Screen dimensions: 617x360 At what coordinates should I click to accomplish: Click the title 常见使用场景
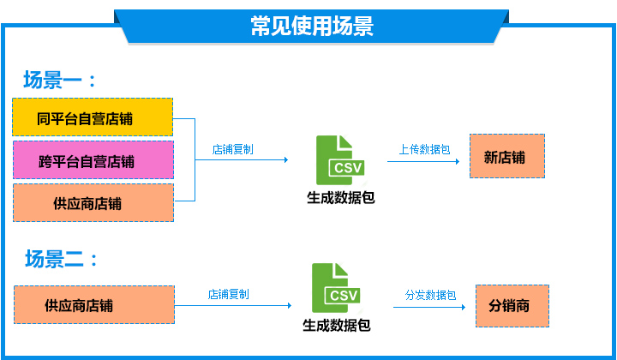point(312,26)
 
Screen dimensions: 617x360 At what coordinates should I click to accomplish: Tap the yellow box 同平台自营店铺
point(93,117)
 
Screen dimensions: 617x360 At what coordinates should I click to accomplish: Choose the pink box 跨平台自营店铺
point(93,160)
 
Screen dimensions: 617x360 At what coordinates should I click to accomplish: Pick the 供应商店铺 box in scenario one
point(93,202)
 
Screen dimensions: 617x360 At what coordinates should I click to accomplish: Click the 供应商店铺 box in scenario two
point(94,305)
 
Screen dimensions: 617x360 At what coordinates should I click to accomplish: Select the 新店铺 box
point(507,156)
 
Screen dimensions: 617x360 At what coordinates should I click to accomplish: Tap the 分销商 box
point(512,306)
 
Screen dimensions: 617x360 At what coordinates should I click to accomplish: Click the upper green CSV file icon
point(340,160)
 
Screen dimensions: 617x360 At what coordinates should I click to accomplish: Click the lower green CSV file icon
point(336,288)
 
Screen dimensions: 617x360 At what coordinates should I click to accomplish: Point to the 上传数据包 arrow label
point(424,149)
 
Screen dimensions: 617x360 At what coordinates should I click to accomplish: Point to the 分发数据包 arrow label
point(430,295)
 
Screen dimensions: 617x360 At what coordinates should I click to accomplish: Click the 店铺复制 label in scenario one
point(232,149)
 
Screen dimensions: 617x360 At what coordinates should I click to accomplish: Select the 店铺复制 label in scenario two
point(228,294)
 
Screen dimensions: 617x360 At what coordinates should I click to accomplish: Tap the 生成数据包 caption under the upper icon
point(341,197)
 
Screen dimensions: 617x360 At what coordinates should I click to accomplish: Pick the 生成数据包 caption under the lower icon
point(337,326)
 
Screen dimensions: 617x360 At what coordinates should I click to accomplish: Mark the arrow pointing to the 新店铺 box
point(423,161)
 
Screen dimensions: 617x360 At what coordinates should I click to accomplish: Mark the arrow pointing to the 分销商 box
point(429,307)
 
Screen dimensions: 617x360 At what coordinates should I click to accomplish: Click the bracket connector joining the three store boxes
point(195,159)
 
